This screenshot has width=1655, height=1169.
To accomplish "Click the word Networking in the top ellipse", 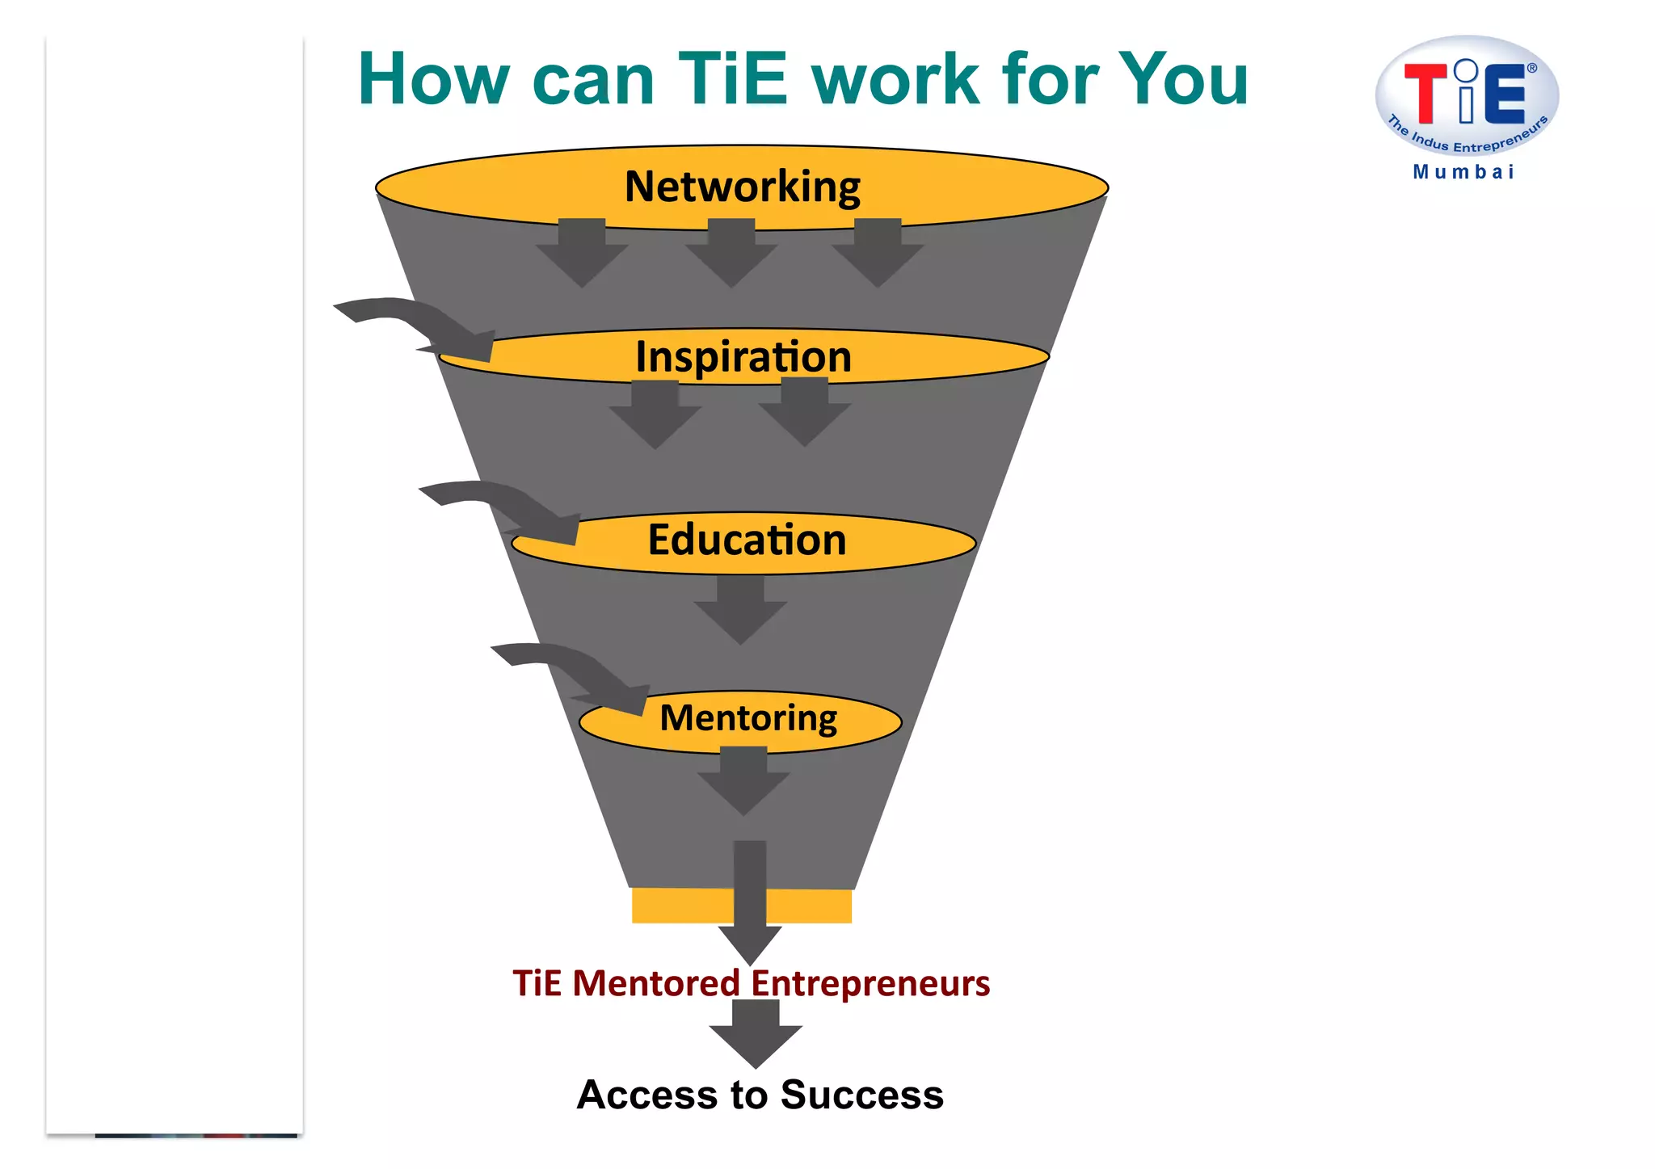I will tap(742, 187).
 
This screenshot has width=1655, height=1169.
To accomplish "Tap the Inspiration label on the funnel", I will tap(743, 357).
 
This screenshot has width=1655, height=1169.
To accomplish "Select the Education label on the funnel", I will tap(747, 540).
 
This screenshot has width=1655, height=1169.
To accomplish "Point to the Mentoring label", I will tap(748, 718).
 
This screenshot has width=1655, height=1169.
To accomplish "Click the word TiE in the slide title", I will tap(732, 79).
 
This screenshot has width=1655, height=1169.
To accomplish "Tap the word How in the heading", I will tap(433, 79).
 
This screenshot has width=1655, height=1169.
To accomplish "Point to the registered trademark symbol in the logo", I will tap(1531, 68).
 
